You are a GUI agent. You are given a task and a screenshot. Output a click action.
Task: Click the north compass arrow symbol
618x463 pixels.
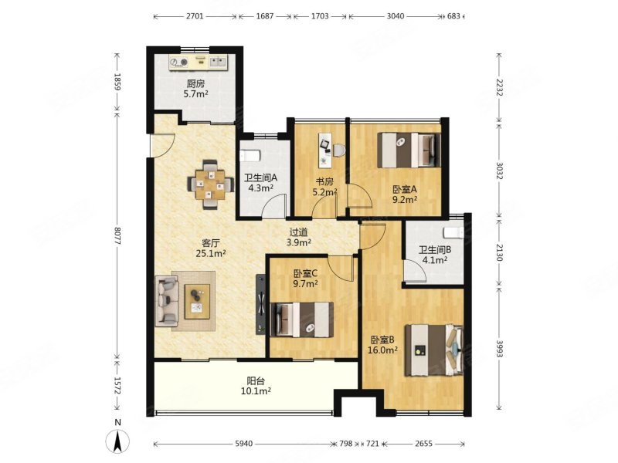click(117, 441)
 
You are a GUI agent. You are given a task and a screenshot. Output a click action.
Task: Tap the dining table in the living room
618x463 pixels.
click(210, 184)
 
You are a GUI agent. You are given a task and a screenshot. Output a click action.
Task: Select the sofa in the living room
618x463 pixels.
click(167, 301)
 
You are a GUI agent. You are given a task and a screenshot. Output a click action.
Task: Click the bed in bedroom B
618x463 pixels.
click(434, 350)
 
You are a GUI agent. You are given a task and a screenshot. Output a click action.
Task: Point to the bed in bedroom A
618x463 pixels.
click(409, 150)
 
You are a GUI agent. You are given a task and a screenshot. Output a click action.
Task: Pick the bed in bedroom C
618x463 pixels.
click(302, 319)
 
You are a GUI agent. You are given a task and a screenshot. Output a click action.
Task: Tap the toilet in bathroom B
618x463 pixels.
click(453, 233)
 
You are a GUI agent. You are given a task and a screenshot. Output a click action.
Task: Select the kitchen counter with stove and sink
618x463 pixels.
click(199, 63)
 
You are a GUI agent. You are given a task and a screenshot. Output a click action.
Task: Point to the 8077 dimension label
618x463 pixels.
click(117, 236)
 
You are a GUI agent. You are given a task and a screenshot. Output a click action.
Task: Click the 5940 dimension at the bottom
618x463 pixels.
click(243, 444)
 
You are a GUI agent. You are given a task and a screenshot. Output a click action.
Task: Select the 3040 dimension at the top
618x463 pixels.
click(396, 16)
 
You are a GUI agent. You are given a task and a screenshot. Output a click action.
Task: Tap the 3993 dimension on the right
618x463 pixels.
click(499, 349)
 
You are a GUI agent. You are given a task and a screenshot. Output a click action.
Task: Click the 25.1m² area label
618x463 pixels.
click(210, 254)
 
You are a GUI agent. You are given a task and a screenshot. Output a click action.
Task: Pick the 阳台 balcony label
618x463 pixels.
click(256, 380)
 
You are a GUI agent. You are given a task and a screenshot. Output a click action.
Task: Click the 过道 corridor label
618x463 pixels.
click(299, 233)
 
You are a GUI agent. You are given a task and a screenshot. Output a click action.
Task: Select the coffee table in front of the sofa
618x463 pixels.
click(197, 301)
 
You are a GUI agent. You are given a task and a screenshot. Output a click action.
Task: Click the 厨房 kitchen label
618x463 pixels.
click(195, 83)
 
